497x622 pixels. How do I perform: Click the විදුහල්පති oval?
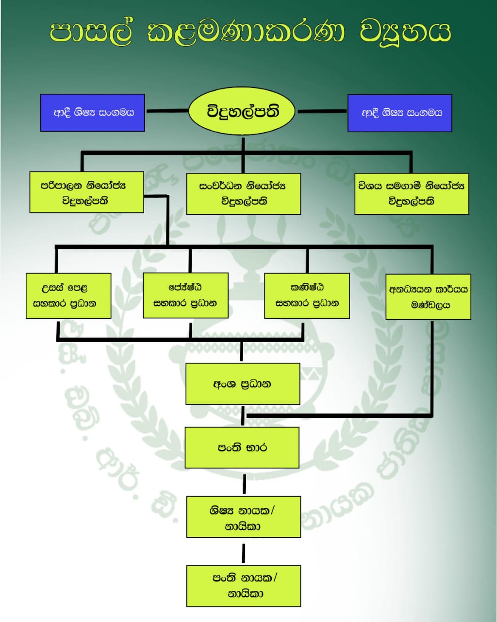(243, 112)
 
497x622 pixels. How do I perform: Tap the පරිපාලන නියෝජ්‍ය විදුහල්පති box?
(86, 192)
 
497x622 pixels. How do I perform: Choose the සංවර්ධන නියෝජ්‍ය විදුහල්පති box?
(243, 193)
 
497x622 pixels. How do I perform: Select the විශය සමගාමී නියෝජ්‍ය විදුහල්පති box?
(412, 193)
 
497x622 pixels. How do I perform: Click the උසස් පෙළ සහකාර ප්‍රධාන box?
(68, 296)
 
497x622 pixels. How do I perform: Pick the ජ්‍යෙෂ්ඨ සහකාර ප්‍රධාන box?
(185, 295)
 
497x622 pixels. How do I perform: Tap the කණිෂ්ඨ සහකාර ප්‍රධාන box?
(307, 295)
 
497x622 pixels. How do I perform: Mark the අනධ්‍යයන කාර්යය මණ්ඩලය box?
(428, 297)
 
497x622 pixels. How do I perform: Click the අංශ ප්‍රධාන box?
(243, 384)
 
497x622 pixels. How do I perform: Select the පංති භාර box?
(242, 448)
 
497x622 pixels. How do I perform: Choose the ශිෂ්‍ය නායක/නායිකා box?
(243, 517)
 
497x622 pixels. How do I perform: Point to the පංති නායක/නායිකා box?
(244, 586)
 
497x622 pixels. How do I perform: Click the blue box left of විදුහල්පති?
(92, 113)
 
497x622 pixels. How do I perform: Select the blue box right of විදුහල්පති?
(399, 113)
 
